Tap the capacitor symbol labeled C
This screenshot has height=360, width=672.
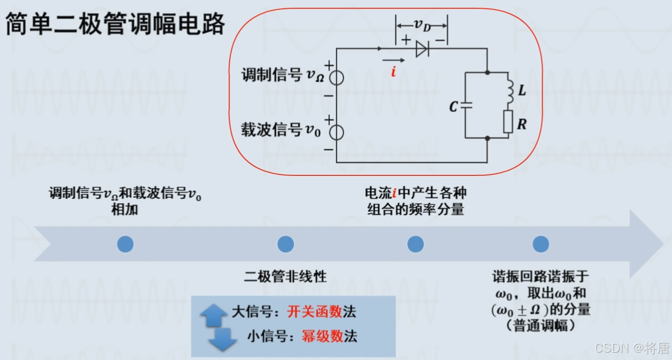(466, 105)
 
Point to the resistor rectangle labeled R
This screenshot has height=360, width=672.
(508, 122)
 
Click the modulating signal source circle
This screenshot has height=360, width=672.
(337, 78)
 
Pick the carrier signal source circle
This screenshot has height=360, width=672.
(337, 133)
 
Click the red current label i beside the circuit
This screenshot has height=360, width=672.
(393, 71)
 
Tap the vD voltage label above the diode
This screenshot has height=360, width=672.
(422, 24)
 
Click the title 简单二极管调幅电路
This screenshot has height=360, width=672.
(115, 24)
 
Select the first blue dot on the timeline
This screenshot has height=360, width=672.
(125, 244)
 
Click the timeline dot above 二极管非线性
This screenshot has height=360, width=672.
(285, 244)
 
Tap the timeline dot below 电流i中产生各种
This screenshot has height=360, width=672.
(416, 244)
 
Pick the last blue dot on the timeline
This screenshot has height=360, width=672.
(541, 244)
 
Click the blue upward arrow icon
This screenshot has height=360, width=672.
(214, 315)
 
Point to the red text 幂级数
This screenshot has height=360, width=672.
(322, 336)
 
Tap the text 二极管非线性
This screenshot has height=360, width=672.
(285, 276)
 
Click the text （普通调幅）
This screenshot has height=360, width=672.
(541, 326)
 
